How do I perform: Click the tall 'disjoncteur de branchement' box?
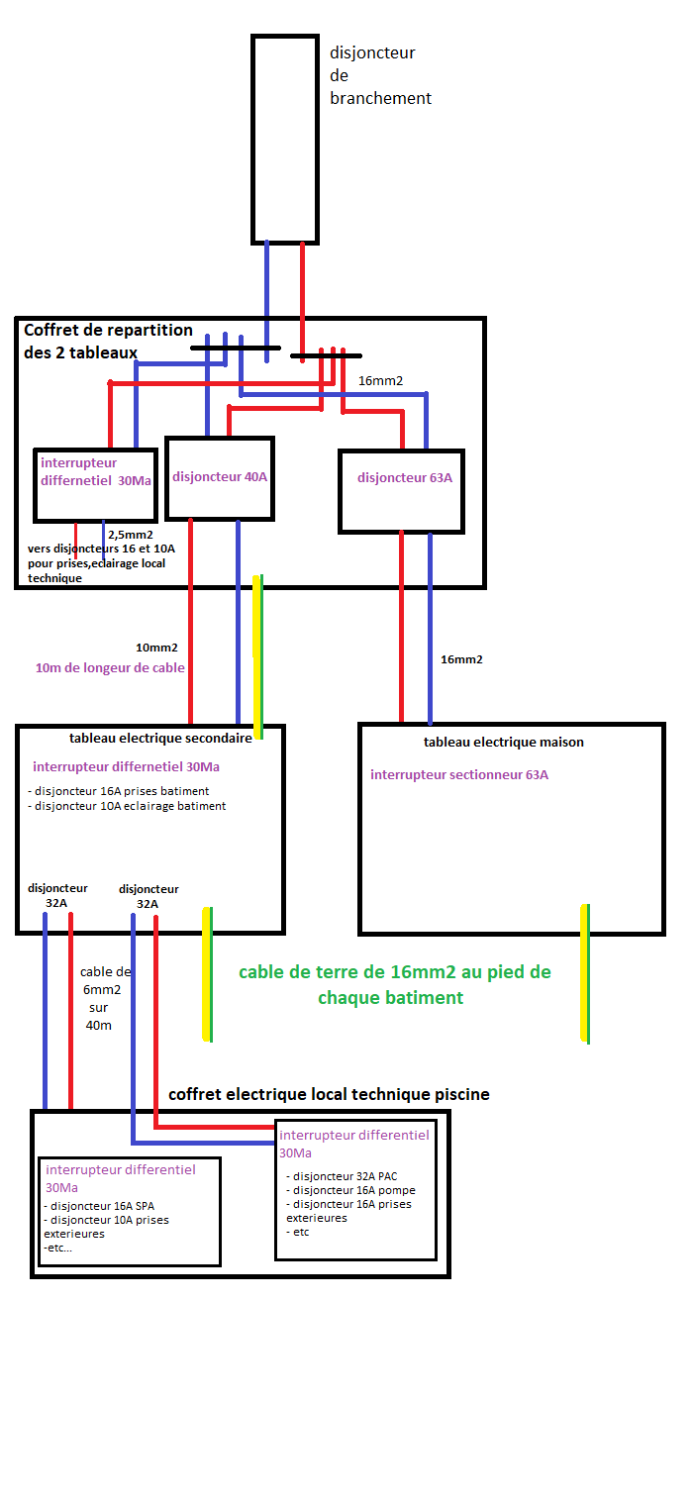(285, 139)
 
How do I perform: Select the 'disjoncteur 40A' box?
(220, 477)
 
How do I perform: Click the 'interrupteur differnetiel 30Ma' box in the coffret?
(95, 484)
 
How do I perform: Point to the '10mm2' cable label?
(156, 648)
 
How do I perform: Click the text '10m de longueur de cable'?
(110, 667)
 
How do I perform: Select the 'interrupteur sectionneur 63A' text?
(459, 774)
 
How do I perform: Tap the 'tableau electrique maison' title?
(504, 742)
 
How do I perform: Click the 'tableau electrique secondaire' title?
(161, 739)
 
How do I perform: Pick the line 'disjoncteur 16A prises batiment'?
(121, 791)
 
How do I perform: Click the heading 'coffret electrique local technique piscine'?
(329, 1094)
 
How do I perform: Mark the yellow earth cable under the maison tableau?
(584, 972)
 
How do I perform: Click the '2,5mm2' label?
(131, 535)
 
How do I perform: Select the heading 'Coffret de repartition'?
(108, 331)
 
